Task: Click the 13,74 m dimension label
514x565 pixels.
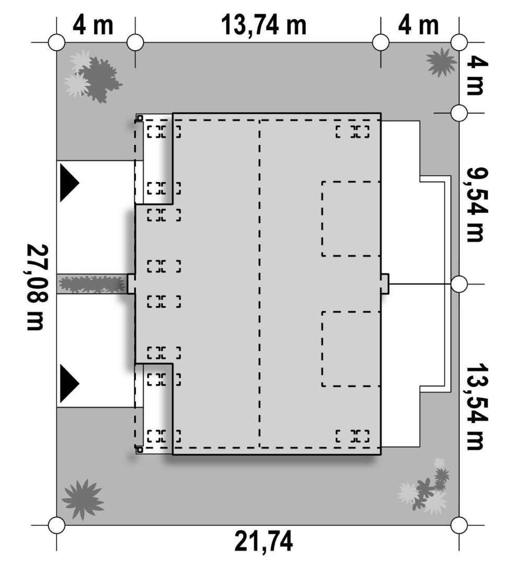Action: point(264,25)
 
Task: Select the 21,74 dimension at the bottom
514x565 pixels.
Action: point(264,541)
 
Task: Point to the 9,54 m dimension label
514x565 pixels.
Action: point(477,205)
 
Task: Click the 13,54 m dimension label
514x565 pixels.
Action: point(477,406)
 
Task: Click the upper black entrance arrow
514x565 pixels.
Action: point(69,183)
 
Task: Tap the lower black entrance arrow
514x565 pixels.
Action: point(69,383)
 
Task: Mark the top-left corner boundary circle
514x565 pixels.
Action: point(56,42)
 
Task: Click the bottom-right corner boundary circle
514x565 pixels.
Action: point(459,525)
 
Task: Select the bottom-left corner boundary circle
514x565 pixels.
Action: point(56,525)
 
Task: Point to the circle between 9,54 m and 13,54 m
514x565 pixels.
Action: point(459,284)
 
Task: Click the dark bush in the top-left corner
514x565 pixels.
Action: point(99,80)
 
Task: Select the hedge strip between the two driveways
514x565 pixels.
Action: point(92,284)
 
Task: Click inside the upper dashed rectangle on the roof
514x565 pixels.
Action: point(351,219)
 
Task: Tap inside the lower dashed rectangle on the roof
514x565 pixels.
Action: point(351,349)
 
